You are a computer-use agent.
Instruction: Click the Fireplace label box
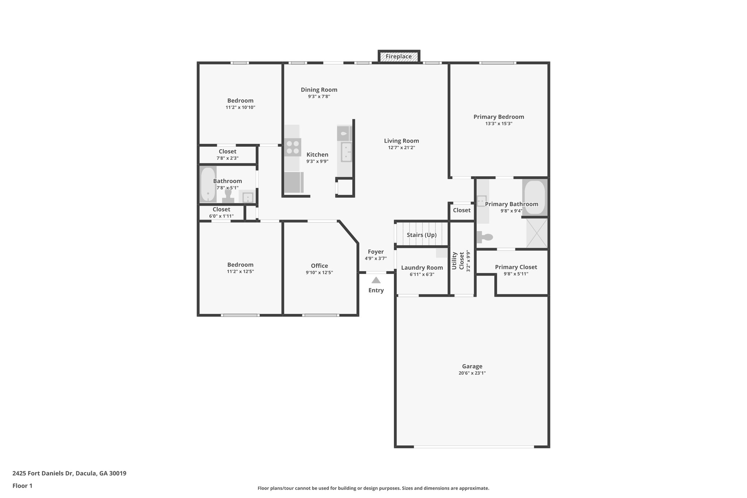[x=399, y=57]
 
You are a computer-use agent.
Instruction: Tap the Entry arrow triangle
[x=376, y=280]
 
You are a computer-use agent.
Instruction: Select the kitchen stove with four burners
[x=293, y=147]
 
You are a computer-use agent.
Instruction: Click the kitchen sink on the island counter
[x=346, y=152]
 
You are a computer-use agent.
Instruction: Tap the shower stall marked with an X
[x=537, y=233]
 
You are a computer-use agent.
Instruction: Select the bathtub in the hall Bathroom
[x=208, y=184]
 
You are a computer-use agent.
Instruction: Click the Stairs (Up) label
[x=422, y=235]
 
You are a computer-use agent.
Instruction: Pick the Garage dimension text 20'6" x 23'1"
[x=472, y=373]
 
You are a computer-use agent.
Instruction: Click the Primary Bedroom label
[x=499, y=117]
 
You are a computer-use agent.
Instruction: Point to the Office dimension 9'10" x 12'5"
[x=319, y=273]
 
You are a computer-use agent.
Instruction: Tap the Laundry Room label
[x=422, y=267]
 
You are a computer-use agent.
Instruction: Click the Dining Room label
[x=319, y=90]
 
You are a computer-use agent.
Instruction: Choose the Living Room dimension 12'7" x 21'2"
[x=401, y=148]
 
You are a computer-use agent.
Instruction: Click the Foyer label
[x=376, y=252]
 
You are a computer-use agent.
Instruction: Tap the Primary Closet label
[x=516, y=267]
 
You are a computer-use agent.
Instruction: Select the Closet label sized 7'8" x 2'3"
[x=227, y=151]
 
